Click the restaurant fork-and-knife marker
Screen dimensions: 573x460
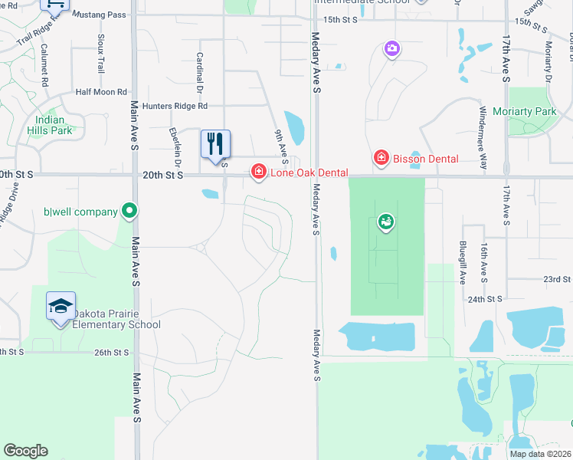coord(215,143)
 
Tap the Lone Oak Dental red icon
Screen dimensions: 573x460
coord(259,172)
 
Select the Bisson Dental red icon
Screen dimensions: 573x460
coord(380,158)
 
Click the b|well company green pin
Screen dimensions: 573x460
coord(129,211)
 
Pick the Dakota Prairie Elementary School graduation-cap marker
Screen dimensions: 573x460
coord(61,307)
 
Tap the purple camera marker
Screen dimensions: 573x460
coord(391,49)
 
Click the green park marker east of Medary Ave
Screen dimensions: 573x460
coord(385,223)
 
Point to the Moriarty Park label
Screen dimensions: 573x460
coord(535,112)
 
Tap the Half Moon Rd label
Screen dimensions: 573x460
coord(101,92)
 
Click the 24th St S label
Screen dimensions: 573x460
coord(484,298)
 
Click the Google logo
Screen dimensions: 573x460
coord(25,451)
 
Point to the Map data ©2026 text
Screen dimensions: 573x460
coord(540,454)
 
